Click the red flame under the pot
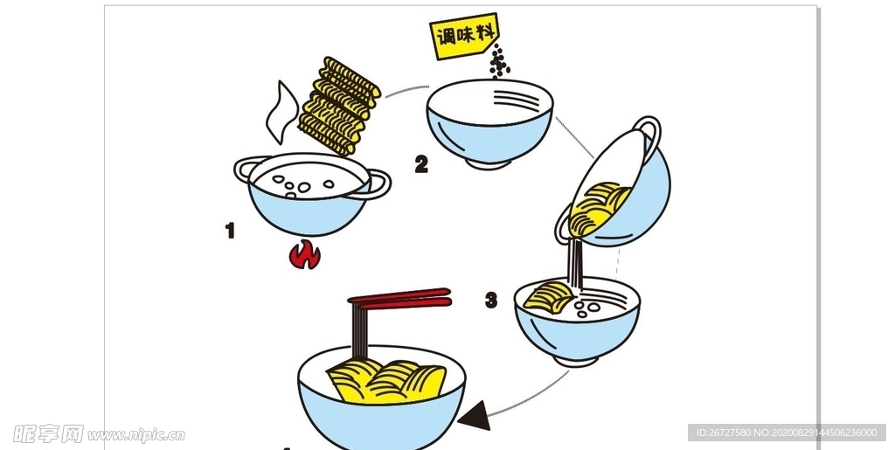[305, 255]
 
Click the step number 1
[230, 231]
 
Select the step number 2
[421, 163]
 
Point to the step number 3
[491, 301]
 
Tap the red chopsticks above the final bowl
[399, 300]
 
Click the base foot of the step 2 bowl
[488, 163]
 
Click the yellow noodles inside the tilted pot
[597, 207]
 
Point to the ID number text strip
[787, 433]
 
